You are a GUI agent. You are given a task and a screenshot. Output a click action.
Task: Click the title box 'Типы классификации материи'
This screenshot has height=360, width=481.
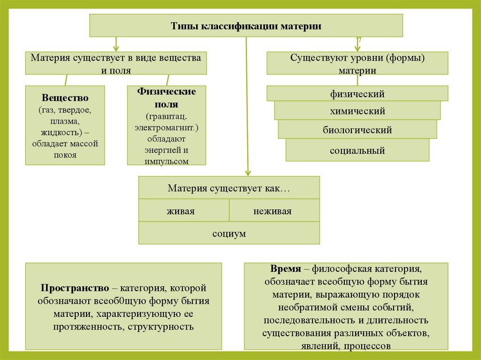click(246, 26)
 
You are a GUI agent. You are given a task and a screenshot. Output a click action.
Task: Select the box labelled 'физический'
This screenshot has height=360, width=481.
click(357, 94)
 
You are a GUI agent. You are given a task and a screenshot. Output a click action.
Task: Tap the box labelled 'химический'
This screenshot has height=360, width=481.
click(357, 111)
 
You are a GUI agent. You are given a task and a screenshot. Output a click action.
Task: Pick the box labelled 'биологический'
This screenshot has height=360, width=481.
click(357, 130)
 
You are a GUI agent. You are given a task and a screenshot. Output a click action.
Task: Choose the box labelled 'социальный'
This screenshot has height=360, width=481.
click(357, 151)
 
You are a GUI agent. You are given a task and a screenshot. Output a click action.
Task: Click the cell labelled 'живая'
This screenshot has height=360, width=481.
click(180, 211)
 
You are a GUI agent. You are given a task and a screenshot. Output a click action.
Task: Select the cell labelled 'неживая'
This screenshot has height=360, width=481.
click(272, 211)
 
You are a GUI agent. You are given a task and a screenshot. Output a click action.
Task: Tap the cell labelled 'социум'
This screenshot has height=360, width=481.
click(229, 233)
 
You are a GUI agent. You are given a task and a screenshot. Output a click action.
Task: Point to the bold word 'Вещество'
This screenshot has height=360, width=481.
click(65, 98)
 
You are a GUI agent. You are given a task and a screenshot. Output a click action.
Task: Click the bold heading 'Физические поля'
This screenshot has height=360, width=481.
click(166, 98)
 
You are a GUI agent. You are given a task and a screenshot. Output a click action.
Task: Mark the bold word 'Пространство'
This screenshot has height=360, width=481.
click(69, 288)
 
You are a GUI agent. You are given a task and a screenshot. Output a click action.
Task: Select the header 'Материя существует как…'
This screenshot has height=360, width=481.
click(229, 188)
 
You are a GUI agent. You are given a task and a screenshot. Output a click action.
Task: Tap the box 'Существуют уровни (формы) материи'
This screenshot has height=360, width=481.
click(357, 63)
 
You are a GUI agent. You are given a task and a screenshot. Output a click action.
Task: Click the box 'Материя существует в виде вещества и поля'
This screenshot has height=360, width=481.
click(116, 63)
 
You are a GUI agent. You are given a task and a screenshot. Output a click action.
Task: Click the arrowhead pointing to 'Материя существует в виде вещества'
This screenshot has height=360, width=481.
click(116, 48)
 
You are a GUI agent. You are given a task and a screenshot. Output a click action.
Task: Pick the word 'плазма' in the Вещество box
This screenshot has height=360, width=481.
click(65, 122)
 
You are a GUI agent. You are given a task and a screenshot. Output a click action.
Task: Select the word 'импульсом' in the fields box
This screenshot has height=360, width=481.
click(167, 161)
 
